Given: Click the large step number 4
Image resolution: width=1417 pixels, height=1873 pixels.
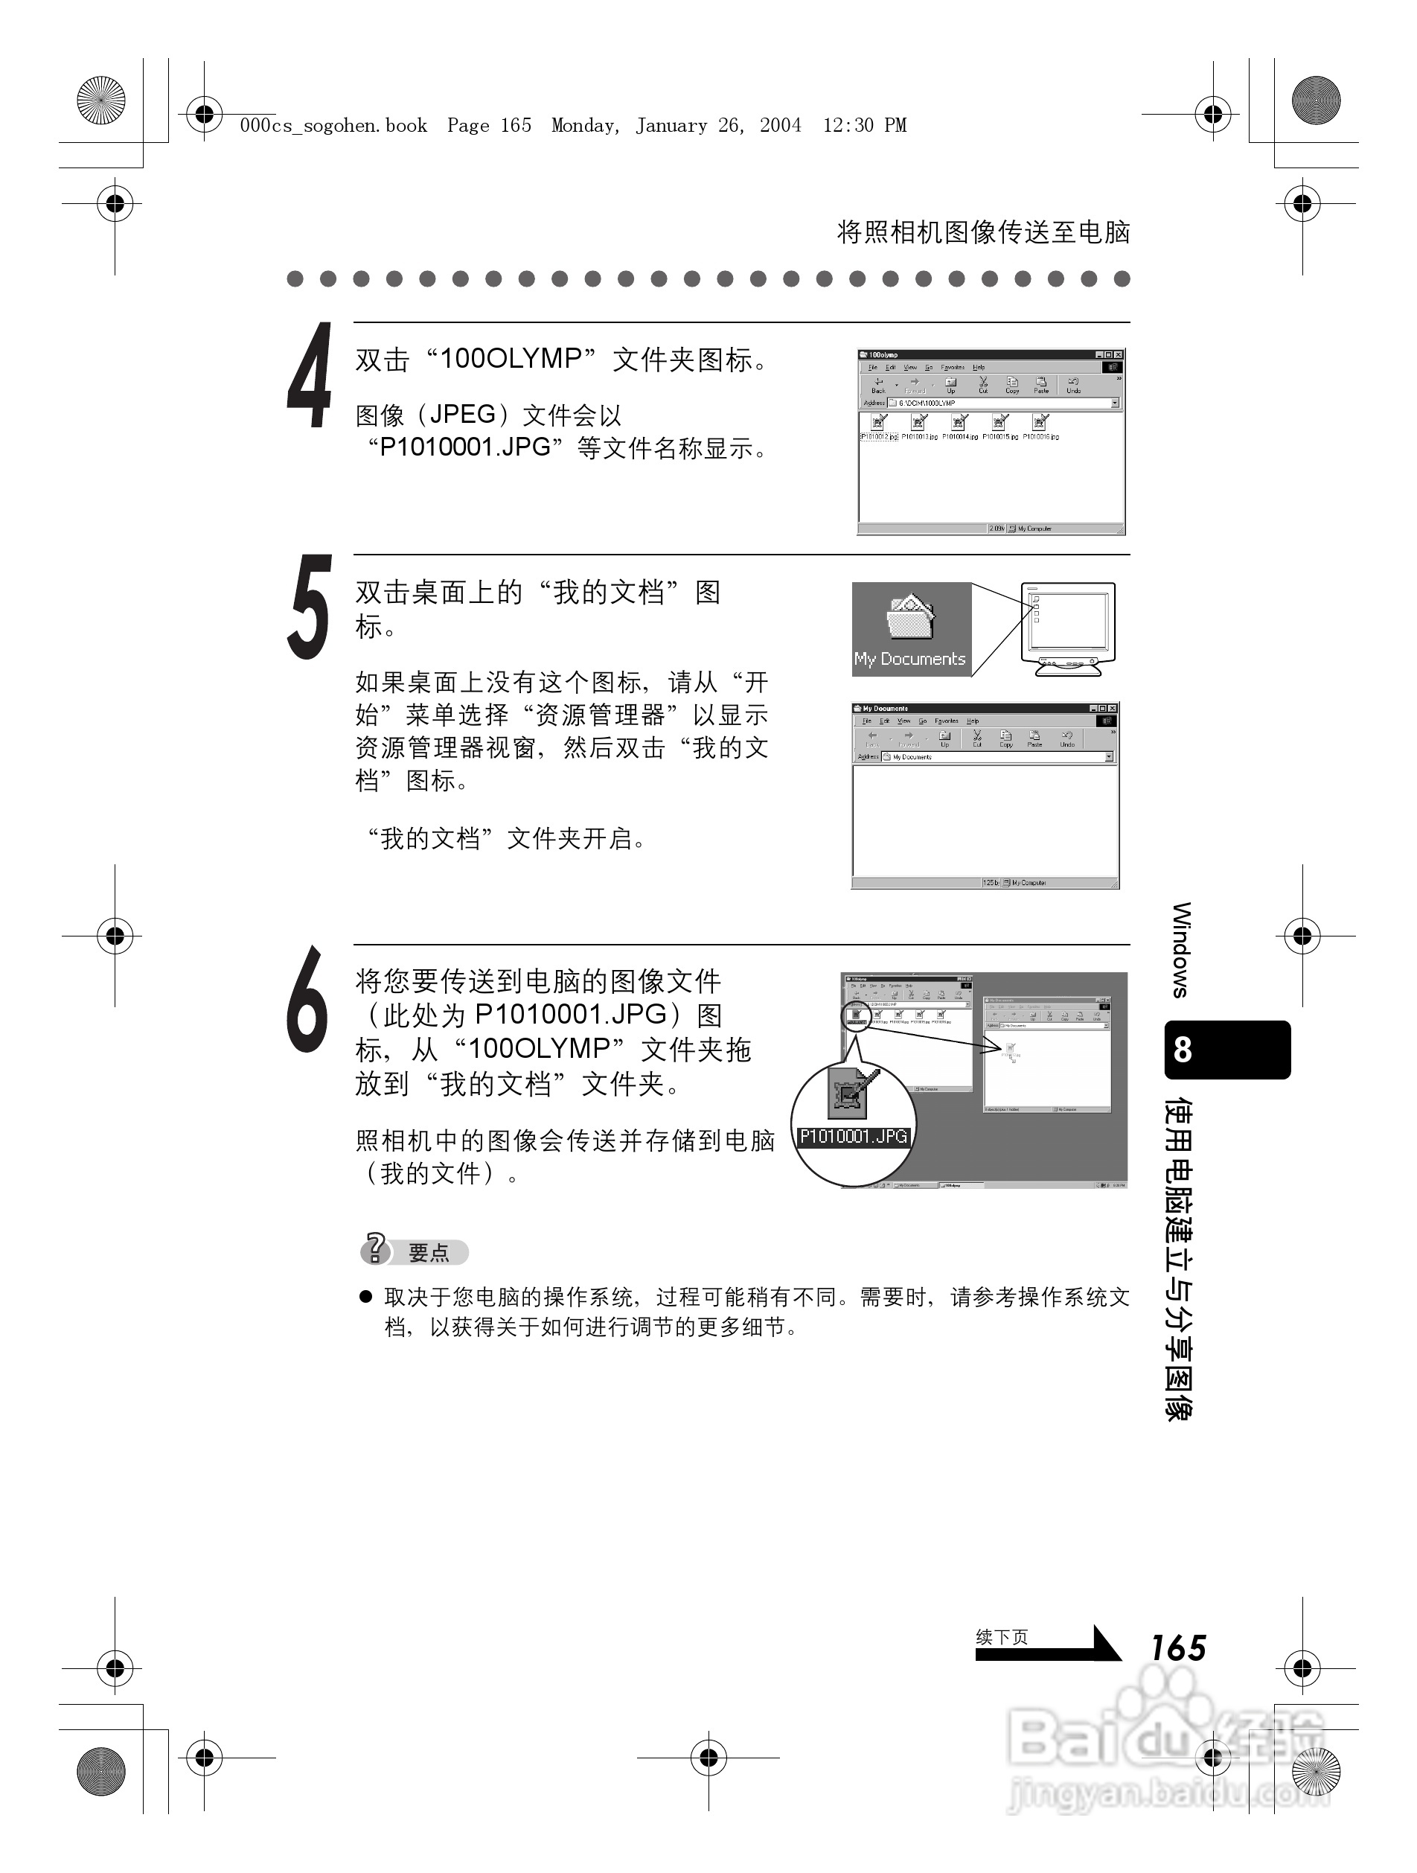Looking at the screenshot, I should tap(309, 376).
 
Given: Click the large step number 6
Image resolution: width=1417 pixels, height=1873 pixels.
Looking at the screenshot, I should tap(307, 999).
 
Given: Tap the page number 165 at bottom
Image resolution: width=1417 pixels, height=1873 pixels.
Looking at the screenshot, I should tap(1177, 1647).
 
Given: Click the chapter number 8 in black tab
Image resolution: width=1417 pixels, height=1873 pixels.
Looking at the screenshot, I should tap(1183, 1049).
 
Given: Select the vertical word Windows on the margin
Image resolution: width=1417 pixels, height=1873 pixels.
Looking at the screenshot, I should tap(1182, 949).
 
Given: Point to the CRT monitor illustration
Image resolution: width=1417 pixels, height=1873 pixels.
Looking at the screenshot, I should tap(1068, 628).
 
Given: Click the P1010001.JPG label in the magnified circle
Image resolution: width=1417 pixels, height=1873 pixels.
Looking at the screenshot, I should tap(853, 1136).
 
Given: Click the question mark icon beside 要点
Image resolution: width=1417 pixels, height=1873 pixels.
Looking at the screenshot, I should tap(374, 1249).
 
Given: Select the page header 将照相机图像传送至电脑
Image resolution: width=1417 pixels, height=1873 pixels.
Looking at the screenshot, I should tap(983, 232).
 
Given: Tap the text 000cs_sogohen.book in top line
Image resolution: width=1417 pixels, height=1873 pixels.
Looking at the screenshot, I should tap(333, 126).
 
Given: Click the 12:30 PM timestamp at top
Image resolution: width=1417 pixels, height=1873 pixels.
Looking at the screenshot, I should tap(864, 126).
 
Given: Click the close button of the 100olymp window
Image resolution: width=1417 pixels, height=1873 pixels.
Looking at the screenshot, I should tap(1118, 355).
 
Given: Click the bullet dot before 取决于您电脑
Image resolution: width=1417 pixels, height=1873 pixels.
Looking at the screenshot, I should tap(365, 1296).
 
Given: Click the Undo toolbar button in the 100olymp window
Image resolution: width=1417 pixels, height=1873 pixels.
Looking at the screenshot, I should tap(1073, 386).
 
